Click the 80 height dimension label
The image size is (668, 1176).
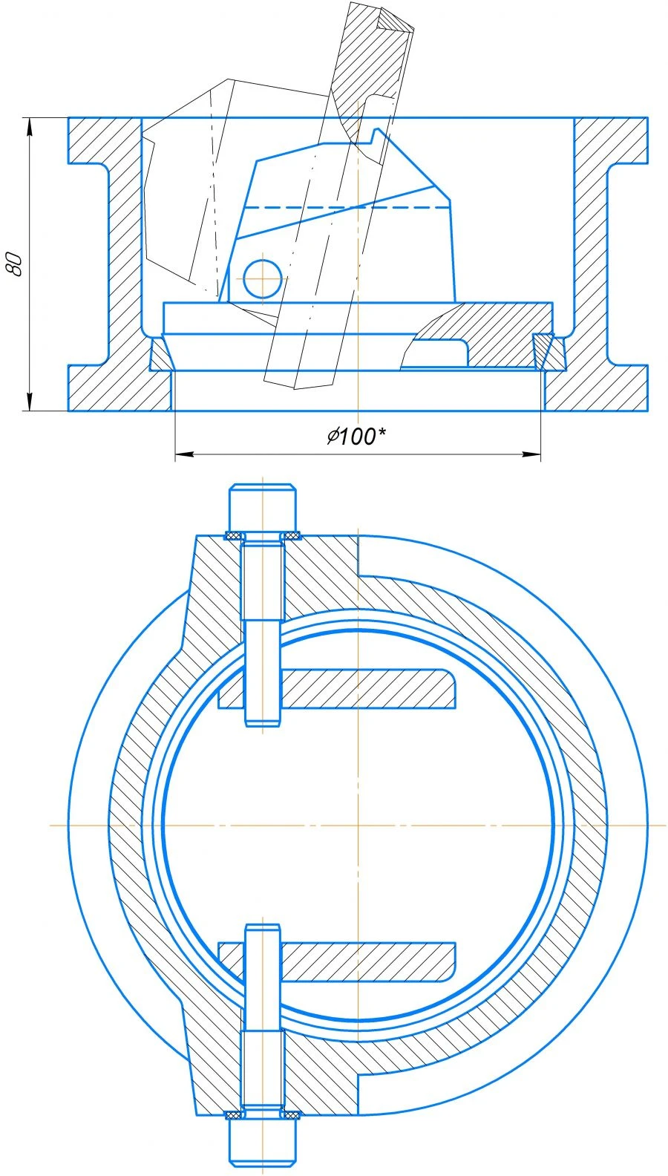click(14, 264)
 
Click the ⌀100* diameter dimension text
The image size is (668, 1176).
click(357, 437)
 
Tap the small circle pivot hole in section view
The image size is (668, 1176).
click(262, 278)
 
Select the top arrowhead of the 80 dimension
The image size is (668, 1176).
click(30, 126)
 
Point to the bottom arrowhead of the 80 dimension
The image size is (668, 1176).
click(30, 402)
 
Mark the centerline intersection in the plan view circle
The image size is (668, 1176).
click(358, 825)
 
